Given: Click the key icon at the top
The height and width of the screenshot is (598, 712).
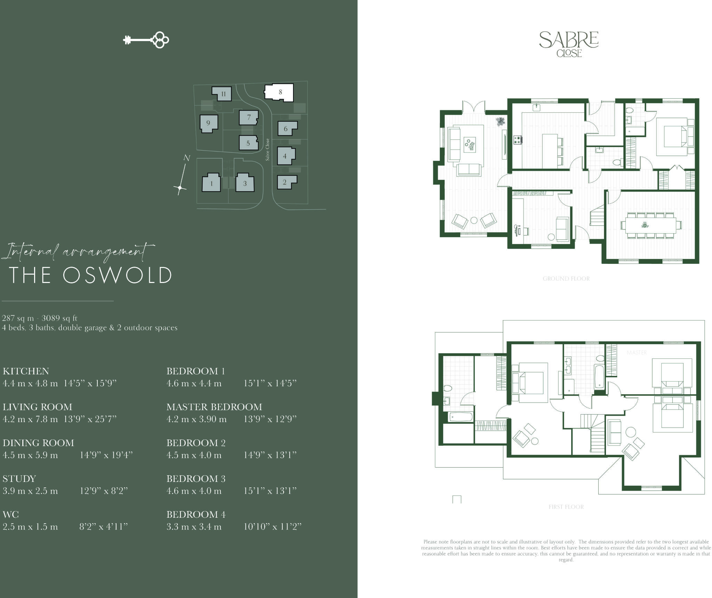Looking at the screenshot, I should [146, 40].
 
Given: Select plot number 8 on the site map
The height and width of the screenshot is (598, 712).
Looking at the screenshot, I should [280, 92].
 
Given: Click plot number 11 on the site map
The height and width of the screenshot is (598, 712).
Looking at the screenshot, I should [223, 94].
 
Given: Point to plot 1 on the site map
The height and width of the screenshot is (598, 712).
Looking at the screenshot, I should [211, 183].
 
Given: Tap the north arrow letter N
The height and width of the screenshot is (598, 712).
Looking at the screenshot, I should [187, 158].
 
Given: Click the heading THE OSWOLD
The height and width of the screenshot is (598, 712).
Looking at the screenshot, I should [90, 275].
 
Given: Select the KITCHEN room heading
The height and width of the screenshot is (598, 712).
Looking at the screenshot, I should [26, 371].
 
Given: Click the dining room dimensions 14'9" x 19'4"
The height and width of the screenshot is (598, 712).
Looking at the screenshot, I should [106, 455].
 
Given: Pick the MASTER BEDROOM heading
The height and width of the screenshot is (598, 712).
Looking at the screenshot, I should [214, 407].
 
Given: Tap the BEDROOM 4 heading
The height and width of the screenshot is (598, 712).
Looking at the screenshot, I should [196, 514].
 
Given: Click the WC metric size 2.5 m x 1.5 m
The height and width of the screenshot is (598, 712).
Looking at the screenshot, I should [30, 527].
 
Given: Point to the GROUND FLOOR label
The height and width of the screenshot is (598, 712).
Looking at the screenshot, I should [566, 278].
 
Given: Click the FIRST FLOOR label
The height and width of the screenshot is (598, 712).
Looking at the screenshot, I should [566, 507].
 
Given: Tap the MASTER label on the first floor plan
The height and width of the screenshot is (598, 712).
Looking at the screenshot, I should [637, 353].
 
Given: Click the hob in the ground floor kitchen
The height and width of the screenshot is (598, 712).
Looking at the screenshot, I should [518, 140].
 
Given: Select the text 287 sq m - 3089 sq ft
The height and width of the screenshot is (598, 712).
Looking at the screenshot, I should [40, 318].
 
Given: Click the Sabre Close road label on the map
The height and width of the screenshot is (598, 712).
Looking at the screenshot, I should [267, 149].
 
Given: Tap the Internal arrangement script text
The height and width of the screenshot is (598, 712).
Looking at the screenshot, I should [78, 251].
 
